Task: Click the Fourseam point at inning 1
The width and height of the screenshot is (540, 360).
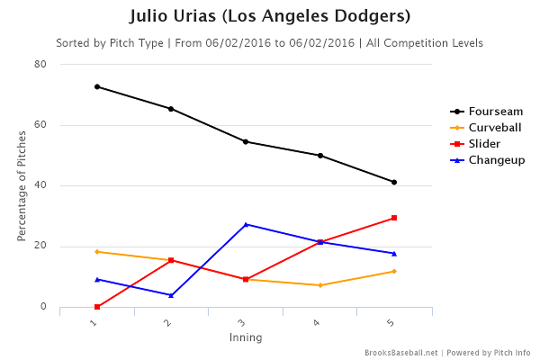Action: point(96,86)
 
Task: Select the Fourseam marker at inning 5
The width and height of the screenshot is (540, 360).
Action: point(394,182)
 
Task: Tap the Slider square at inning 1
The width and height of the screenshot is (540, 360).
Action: point(96,307)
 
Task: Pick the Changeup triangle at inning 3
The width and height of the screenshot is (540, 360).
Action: point(246,224)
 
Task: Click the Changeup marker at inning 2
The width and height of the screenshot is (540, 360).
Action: point(171,295)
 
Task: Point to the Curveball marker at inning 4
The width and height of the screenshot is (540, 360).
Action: point(319,285)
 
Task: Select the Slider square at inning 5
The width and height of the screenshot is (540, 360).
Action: point(394,218)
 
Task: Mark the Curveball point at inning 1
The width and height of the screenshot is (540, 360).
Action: point(96,252)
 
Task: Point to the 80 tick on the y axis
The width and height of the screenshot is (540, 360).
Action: point(41,65)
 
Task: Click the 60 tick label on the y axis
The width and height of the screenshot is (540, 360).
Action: point(41,125)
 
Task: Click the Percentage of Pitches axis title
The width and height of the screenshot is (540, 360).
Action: point(21,185)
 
